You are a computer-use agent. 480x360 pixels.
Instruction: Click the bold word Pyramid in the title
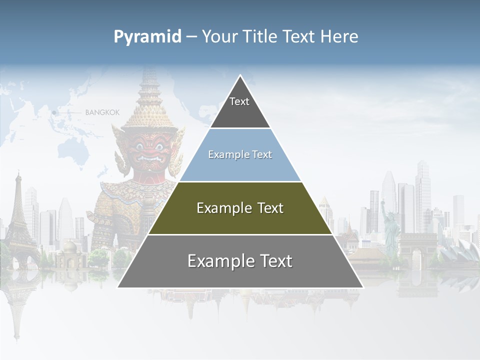coord(147,37)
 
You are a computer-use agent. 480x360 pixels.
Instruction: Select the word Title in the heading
coord(260,37)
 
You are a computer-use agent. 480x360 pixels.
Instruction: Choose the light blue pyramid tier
coord(240,155)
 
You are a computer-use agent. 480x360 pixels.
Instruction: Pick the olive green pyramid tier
coord(240,208)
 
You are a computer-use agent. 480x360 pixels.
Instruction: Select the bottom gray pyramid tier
coord(240,261)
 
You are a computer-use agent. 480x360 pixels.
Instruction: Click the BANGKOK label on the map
coord(102,112)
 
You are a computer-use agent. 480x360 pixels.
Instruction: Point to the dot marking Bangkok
coord(54,113)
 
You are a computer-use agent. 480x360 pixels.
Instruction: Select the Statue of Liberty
coord(390,225)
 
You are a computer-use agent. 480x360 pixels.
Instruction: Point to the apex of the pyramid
coord(240,76)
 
